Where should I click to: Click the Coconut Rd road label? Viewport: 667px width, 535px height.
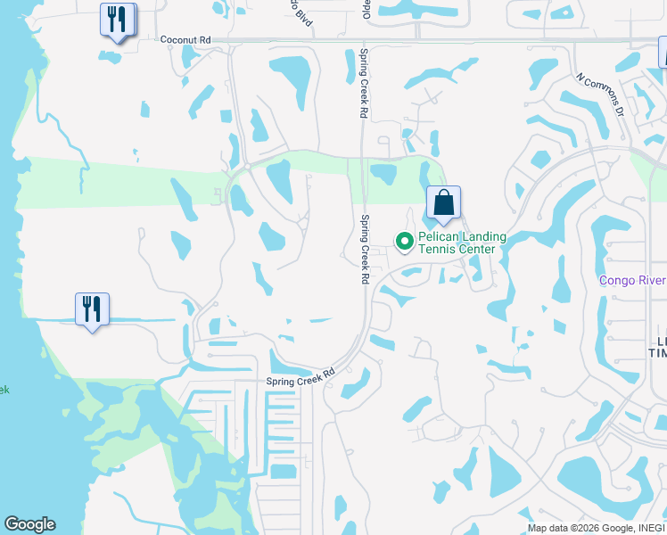[185, 40]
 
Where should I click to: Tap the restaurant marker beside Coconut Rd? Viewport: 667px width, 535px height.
[118, 20]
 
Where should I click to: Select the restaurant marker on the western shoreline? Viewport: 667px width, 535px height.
[92, 309]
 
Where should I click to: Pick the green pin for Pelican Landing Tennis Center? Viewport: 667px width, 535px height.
[404, 240]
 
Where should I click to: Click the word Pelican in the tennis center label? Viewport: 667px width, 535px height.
[441, 237]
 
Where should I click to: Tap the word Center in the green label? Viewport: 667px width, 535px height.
[476, 250]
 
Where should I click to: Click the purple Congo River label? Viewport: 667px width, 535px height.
[632, 280]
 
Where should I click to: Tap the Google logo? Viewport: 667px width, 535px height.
[29, 524]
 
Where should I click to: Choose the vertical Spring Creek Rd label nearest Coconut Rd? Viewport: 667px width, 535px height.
[363, 84]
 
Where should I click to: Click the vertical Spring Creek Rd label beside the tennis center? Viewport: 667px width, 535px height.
[365, 249]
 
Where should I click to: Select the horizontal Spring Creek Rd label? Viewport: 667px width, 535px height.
[300, 378]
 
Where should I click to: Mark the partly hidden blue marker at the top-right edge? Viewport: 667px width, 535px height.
[663, 53]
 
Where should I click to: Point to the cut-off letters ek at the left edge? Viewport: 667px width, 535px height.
[4, 390]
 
